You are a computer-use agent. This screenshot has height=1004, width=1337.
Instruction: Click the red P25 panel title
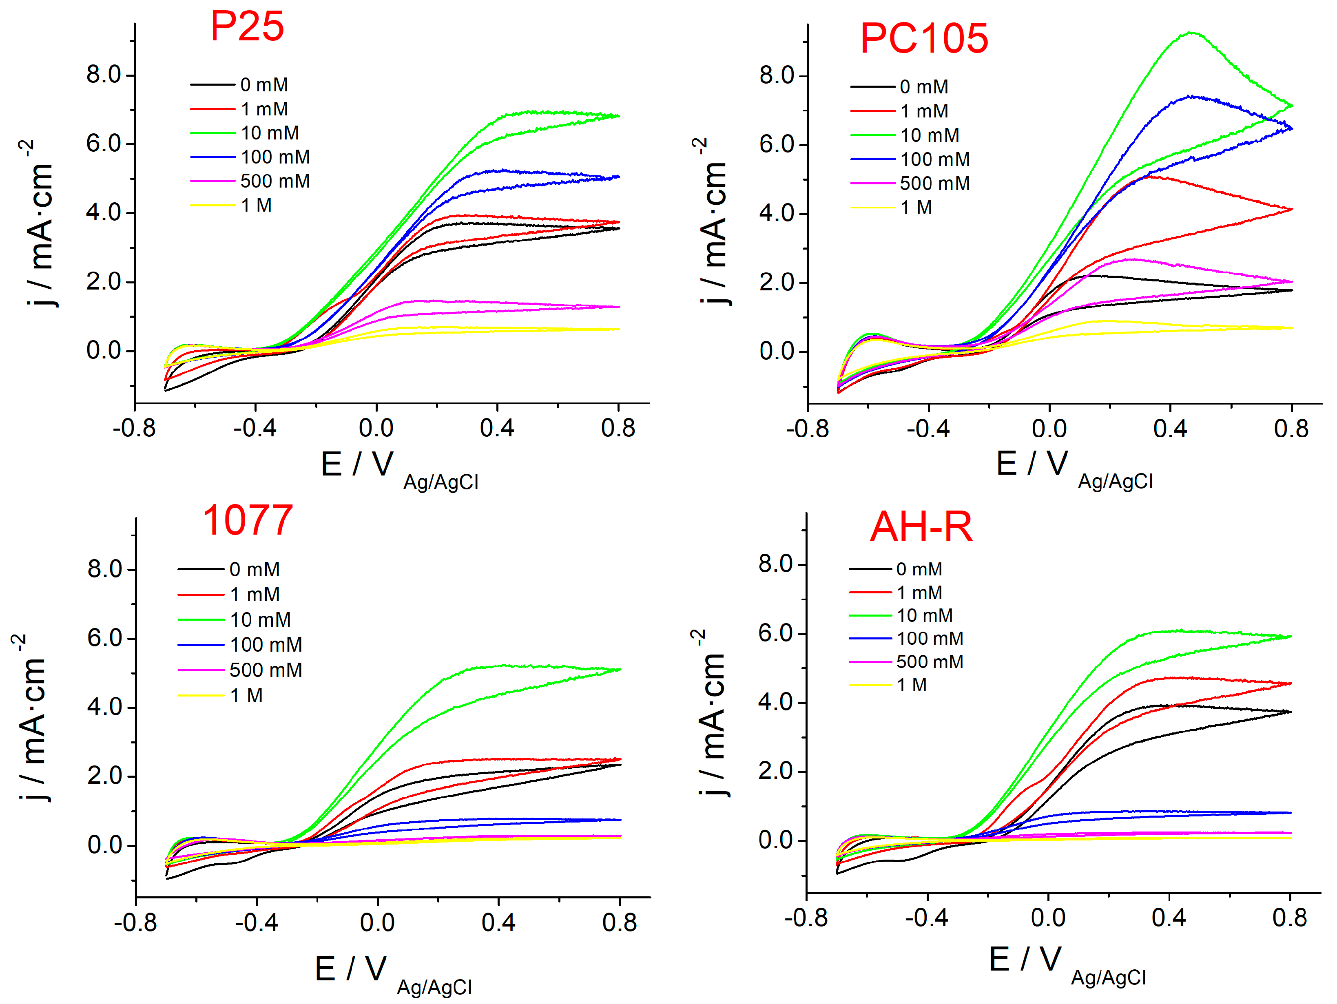point(247,27)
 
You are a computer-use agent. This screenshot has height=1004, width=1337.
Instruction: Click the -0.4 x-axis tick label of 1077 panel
point(256,923)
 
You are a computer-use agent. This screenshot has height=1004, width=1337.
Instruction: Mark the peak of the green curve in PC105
point(1191,33)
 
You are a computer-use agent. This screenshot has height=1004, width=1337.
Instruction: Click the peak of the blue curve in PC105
point(1189,96)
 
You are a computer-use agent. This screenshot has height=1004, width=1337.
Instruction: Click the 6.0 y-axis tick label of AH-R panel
point(776,633)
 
